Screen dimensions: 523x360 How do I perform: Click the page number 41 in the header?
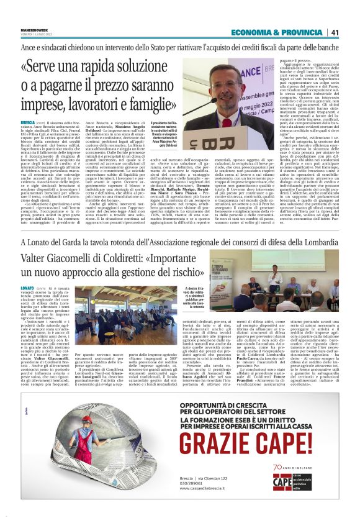pos(335,32)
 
